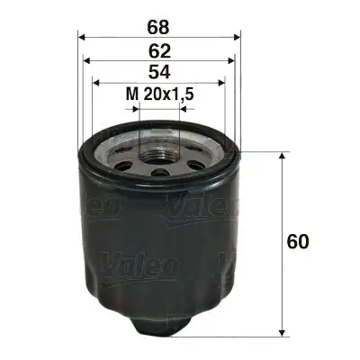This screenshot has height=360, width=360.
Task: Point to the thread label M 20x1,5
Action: (x=159, y=94)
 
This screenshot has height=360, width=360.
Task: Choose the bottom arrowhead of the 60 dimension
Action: (x=284, y=330)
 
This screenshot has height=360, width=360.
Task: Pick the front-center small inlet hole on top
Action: (x=159, y=170)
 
